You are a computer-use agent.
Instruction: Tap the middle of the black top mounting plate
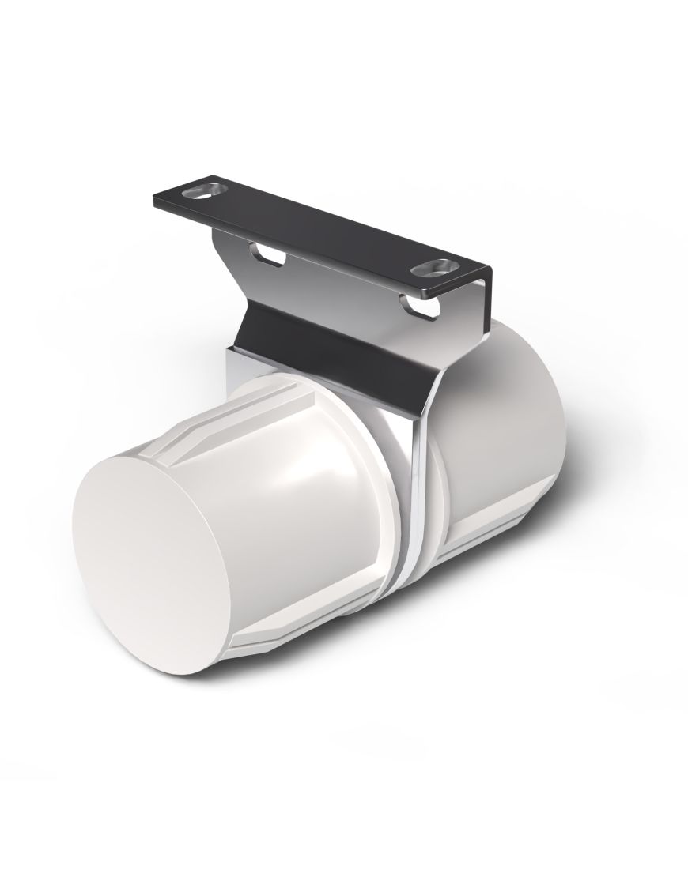pyautogui.click(x=316, y=225)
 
